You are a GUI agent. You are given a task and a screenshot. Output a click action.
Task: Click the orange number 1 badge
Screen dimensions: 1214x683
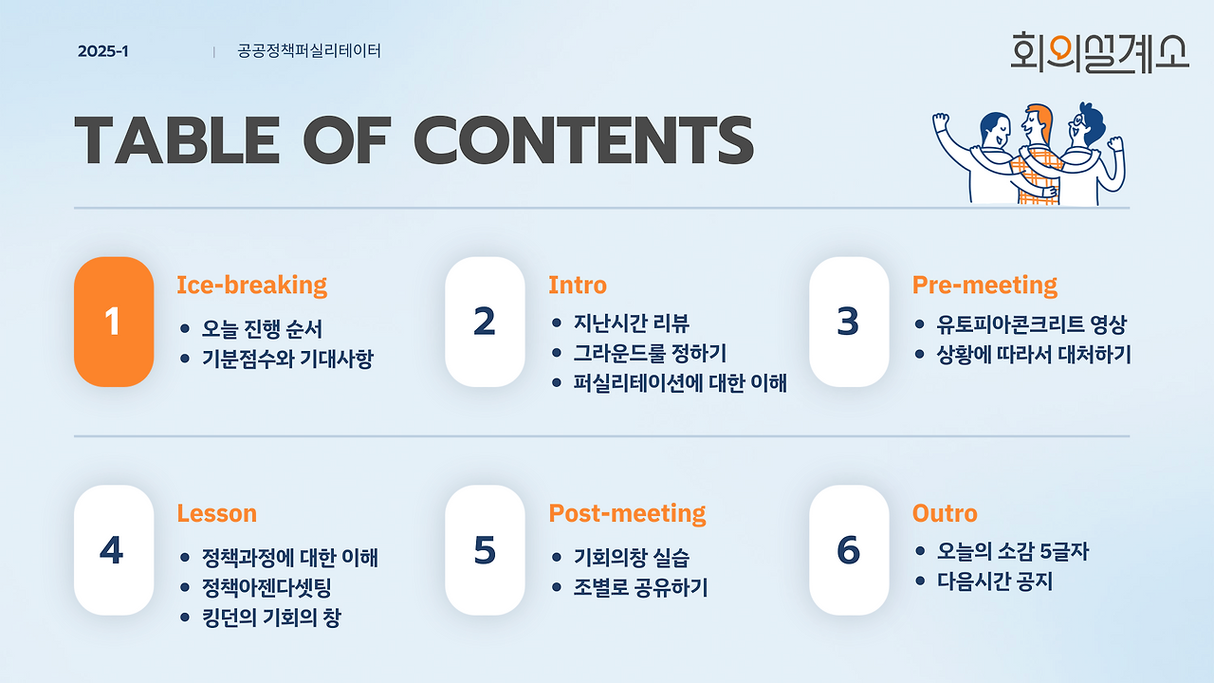[x=114, y=322]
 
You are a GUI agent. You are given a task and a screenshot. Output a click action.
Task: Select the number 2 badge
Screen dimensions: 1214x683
[x=485, y=322]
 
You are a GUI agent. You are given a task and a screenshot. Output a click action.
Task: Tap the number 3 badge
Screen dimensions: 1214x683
[x=849, y=322]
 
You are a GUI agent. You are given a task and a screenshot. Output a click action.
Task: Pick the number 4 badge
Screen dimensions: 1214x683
[x=114, y=549]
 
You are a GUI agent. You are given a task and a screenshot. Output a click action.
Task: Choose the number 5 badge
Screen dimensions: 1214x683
[x=485, y=549]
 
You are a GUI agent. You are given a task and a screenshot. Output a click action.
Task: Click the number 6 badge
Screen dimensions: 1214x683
[x=849, y=549]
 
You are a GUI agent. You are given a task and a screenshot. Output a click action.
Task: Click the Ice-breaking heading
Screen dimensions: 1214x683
[x=252, y=286]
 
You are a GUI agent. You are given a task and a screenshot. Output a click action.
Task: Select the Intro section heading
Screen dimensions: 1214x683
[x=578, y=286]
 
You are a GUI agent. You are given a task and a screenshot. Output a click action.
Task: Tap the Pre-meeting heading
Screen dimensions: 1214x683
[x=984, y=286]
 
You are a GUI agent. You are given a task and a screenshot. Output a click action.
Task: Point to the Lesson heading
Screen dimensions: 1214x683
[x=217, y=513]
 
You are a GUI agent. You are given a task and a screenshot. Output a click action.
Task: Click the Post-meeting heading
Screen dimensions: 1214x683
[x=627, y=513]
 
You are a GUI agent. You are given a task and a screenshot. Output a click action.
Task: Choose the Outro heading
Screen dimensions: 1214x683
[x=945, y=513]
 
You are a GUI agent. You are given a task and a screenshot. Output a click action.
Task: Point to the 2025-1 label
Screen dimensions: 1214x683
[x=103, y=51]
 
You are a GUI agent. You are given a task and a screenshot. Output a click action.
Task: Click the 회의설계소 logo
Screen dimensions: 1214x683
[x=1099, y=52]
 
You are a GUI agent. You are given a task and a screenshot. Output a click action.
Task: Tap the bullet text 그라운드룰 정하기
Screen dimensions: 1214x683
[x=650, y=354]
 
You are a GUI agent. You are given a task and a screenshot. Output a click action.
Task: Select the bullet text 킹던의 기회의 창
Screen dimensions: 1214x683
[x=271, y=618]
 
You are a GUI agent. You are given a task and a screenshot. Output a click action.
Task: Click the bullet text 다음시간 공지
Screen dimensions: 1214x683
[x=995, y=581]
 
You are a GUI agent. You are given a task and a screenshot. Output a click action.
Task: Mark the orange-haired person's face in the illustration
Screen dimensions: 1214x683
[x=1034, y=123]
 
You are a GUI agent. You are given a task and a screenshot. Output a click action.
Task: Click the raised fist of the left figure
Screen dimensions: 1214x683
[x=941, y=120]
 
